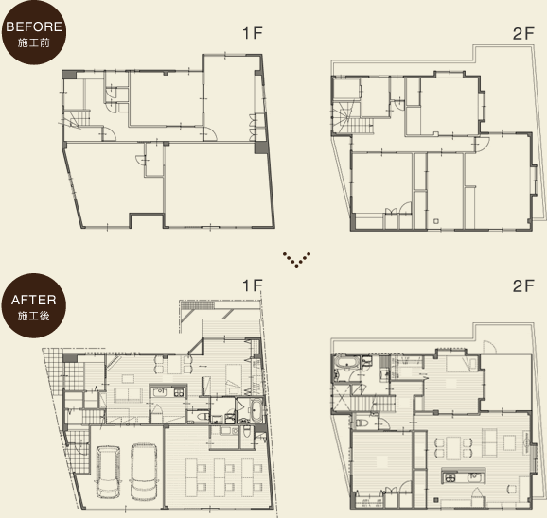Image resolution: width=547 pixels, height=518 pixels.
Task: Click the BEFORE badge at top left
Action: tap(33, 32)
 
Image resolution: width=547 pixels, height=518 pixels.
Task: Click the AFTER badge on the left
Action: tap(33, 305)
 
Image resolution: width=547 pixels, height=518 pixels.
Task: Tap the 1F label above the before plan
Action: tap(253, 33)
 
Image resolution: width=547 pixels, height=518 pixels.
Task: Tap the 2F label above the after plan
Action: tap(523, 286)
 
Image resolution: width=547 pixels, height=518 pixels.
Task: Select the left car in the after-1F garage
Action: tap(108, 472)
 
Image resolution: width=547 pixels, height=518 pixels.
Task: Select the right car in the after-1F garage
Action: tap(144, 472)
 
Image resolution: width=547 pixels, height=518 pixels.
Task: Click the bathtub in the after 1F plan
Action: tap(256, 410)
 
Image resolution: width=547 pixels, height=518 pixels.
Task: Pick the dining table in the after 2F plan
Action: tap(453, 447)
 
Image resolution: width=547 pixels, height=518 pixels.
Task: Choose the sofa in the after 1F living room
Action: tap(129, 395)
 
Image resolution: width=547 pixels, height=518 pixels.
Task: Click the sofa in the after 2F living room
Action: tap(490, 443)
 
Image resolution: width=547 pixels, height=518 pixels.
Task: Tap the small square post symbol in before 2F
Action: tap(436, 221)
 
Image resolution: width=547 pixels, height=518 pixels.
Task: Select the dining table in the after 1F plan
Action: tap(173, 364)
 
